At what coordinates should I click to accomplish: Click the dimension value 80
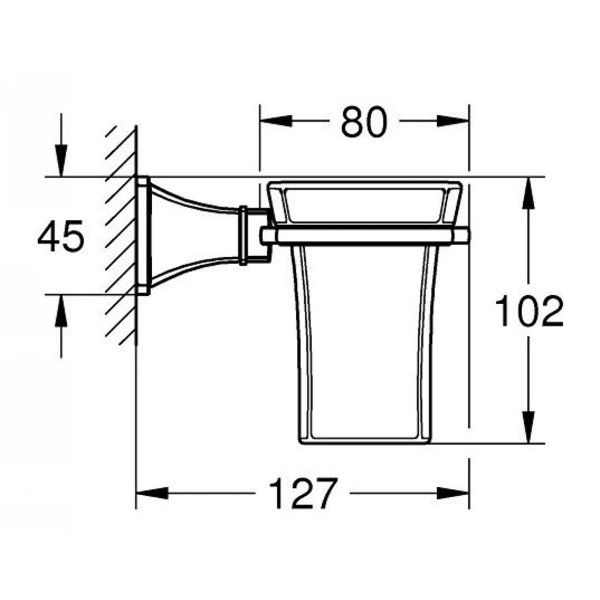click(x=364, y=122)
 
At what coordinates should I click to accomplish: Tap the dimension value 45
click(x=61, y=237)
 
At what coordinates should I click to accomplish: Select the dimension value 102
click(x=529, y=311)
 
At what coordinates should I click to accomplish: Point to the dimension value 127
click(x=302, y=493)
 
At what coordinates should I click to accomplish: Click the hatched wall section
click(x=121, y=237)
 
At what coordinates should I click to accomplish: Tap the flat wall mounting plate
click(x=143, y=236)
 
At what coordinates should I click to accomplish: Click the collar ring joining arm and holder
click(x=243, y=236)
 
